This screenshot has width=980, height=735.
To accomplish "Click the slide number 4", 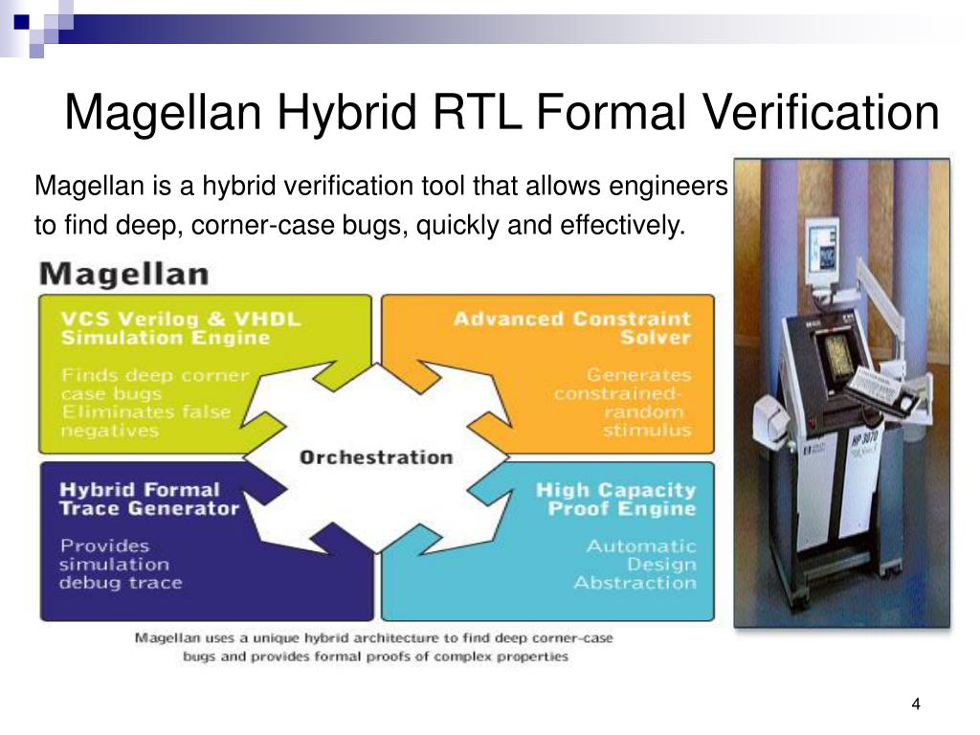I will click(916, 704).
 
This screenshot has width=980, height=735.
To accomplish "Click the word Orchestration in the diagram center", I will click(376, 457).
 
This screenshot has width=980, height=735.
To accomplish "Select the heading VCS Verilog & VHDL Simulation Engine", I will click(181, 327).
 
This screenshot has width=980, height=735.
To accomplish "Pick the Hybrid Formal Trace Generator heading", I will click(148, 499).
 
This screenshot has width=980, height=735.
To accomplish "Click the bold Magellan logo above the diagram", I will click(122, 275).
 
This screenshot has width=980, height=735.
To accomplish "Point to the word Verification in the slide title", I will click(821, 113).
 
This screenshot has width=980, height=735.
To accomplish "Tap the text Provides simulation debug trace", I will click(120, 564).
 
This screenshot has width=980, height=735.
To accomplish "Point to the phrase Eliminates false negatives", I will click(145, 421).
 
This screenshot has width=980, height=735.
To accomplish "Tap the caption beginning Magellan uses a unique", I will click(374, 647).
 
